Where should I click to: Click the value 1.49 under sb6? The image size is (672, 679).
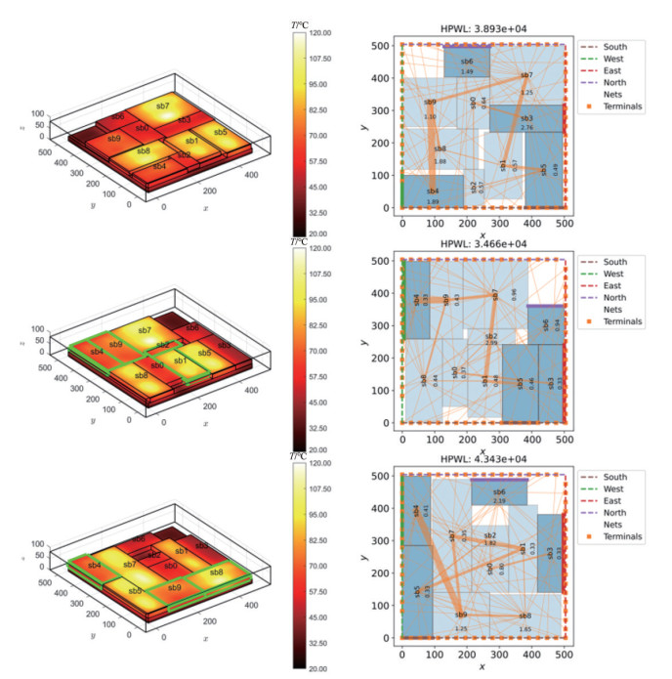point(467,71)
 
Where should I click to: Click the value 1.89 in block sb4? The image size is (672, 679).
point(433,201)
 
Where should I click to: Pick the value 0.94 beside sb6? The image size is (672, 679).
point(558,322)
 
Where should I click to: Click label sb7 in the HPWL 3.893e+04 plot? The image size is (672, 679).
point(526,75)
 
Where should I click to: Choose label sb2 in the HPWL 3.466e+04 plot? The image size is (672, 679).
point(491,336)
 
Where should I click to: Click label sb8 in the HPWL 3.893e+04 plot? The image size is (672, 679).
point(440,149)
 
